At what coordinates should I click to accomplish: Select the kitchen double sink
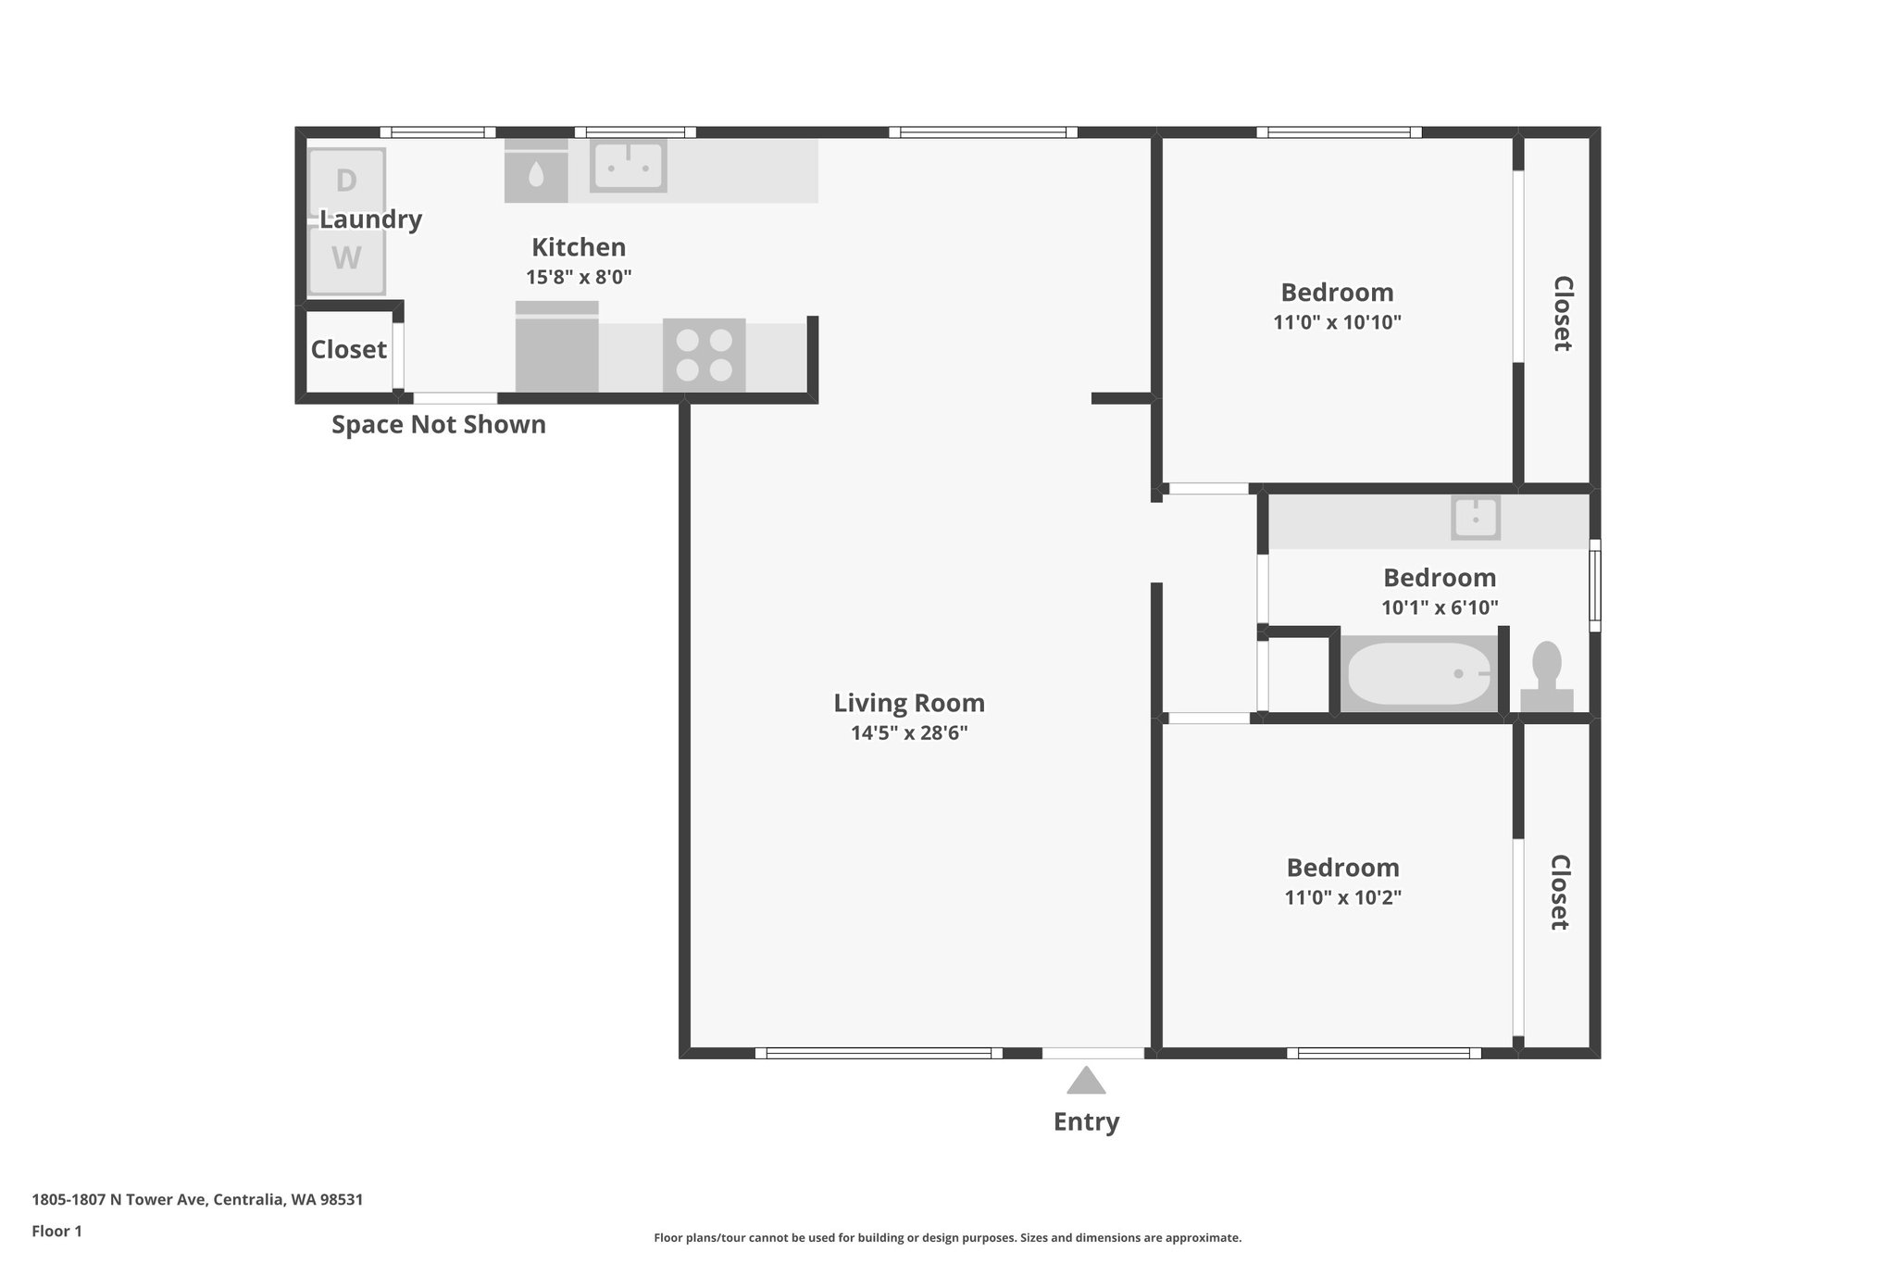point(629,166)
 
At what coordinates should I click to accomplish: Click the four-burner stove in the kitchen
point(705,355)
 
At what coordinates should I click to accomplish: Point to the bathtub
point(1418,674)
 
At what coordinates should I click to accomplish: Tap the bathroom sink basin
point(1476,519)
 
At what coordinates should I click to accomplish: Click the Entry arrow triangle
point(1086,1081)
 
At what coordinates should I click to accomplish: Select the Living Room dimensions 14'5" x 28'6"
point(909,733)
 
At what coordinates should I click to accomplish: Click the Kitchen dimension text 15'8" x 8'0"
point(579,277)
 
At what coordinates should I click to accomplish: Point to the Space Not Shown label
point(439,425)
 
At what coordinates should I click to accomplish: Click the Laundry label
point(370,219)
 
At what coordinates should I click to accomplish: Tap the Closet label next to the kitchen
point(348,350)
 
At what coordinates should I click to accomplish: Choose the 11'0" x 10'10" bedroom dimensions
point(1337,323)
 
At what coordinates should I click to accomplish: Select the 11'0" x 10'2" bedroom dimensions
point(1342,898)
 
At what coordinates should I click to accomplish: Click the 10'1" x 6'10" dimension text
point(1440,608)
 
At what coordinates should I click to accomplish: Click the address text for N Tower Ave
point(197,1200)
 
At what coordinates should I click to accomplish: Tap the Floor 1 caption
point(57,1232)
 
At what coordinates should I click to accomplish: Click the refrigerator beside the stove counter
point(556,347)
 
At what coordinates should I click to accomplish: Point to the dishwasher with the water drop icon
point(536,172)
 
